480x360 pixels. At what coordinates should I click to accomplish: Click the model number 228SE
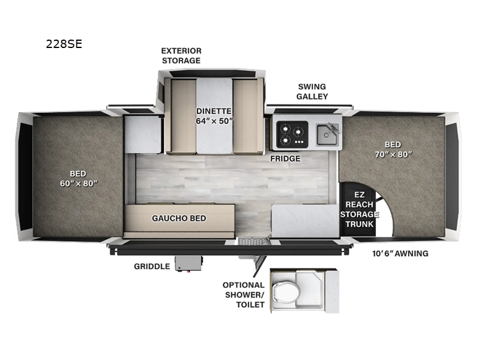(64, 44)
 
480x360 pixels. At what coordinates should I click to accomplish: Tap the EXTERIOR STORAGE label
(181, 56)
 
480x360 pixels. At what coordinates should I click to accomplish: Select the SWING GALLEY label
(312, 92)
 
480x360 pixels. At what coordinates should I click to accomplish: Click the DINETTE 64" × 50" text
(214, 116)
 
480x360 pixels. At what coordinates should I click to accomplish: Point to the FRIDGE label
(285, 158)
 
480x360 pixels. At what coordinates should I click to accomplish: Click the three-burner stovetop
(292, 134)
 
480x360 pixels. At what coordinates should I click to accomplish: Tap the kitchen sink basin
(328, 134)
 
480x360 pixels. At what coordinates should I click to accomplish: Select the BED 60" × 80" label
(79, 178)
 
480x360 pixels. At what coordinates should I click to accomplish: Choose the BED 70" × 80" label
(394, 149)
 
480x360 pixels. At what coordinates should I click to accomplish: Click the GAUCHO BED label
(179, 218)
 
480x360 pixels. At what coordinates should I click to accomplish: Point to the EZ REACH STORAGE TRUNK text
(359, 209)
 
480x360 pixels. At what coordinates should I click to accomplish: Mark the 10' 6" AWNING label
(400, 253)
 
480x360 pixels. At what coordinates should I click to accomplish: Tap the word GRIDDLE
(152, 266)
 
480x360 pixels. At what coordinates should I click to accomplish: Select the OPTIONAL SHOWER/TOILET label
(244, 295)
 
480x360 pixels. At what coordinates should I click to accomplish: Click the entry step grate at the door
(253, 242)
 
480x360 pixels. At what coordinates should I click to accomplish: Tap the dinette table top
(214, 116)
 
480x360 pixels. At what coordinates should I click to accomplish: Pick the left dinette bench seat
(183, 115)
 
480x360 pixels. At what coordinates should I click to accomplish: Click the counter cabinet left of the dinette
(143, 134)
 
